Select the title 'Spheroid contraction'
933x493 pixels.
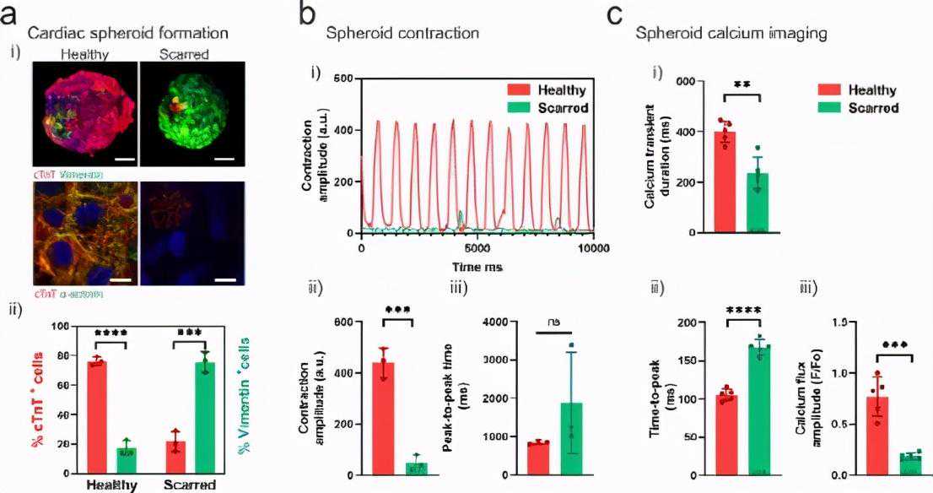402,33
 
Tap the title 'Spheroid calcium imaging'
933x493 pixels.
731,33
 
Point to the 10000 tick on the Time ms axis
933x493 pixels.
593,248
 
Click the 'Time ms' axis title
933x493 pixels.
477,267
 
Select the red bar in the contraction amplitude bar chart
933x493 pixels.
384,418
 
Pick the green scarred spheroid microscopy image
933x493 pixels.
192,113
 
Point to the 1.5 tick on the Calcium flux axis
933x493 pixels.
840,322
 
